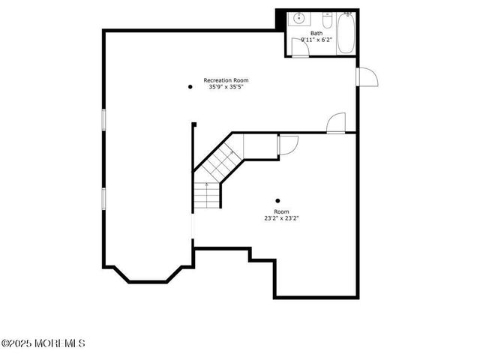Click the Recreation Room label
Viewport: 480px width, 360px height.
tap(226, 80)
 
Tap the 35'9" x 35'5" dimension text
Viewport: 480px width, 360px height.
tap(226, 87)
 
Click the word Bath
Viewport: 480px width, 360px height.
tap(316, 33)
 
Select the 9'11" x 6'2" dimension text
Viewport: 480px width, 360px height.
tap(316, 40)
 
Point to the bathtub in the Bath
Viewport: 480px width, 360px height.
tap(346, 33)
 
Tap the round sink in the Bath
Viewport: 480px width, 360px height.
tap(298, 19)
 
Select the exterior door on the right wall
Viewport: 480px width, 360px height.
tap(367, 77)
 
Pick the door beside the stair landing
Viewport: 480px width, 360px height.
tap(288, 144)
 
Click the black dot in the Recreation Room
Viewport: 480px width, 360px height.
tap(190, 87)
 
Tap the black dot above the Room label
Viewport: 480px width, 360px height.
tap(278, 200)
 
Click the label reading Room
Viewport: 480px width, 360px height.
tap(281, 212)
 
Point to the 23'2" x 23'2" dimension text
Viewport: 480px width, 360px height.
tap(281, 219)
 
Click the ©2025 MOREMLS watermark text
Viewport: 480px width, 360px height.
tap(43, 343)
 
